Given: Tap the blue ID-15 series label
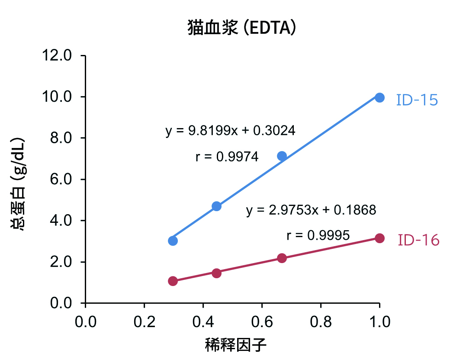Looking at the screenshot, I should pyautogui.click(x=417, y=100).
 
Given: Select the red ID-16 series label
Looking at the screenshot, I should pyautogui.click(x=418, y=240).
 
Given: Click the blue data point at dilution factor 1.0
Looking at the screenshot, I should pyautogui.click(x=379, y=97).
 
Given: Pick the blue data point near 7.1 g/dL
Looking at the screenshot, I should pyautogui.click(x=282, y=156).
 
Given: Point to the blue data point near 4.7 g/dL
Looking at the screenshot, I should pyautogui.click(x=217, y=206).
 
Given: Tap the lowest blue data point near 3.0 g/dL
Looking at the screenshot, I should pyautogui.click(x=173, y=241).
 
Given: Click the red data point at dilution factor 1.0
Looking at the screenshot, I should pyautogui.click(x=379, y=238).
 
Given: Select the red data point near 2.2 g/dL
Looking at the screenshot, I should pyautogui.click(x=282, y=258).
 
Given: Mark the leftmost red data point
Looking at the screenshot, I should pyautogui.click(x=173, y=281).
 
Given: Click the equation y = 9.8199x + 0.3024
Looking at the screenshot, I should pyautogui.click(x=230, y=131).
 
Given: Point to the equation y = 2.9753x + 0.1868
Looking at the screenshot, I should pyautogui.click(x=311, y=210).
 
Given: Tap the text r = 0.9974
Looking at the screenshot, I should pyautogui.click(x=227, y=157).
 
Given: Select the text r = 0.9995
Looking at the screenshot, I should pyautogui.click(x=318, y=236).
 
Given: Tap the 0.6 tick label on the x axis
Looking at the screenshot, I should pyautogui.click(x=261, y=322).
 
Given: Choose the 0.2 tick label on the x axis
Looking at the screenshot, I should pyautogui.click(x=144, y=322).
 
